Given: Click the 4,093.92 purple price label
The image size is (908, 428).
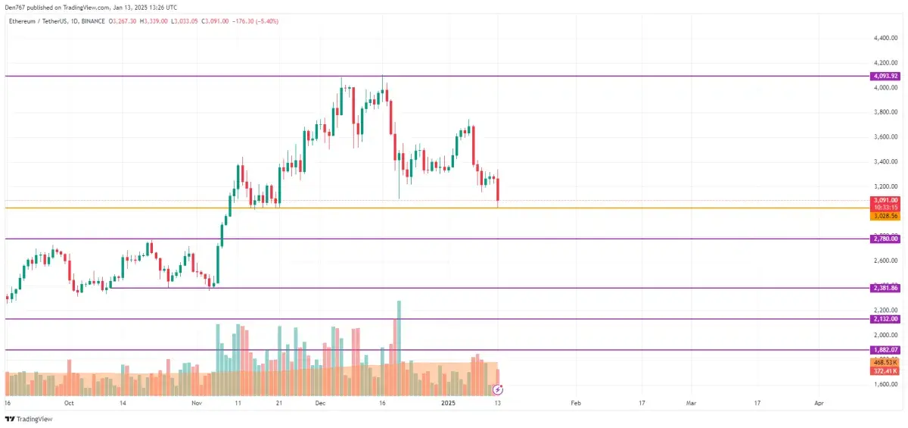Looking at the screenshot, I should [885, 76].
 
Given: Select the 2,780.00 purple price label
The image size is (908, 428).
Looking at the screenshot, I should [885, 239].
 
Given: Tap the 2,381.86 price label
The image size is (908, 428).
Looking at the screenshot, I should [885, 288].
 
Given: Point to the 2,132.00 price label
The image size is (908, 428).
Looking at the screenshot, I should [885, 319].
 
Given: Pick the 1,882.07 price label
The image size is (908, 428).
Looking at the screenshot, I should [885, 350].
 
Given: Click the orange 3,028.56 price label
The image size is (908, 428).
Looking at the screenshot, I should [885, 216].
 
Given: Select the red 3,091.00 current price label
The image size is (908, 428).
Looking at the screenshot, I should [885, 200].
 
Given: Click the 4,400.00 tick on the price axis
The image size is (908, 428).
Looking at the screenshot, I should [885, 38].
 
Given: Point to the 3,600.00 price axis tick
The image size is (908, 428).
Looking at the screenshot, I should [885, 137].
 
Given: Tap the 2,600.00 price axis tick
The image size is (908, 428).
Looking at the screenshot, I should [885, 261].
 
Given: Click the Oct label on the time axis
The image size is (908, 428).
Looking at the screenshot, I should [70, 405].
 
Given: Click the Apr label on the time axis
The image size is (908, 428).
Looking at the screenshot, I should [818, 405].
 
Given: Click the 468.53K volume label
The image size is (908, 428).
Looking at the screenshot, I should [885, 363].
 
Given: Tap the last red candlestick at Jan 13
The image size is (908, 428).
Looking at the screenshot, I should [498, 191].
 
